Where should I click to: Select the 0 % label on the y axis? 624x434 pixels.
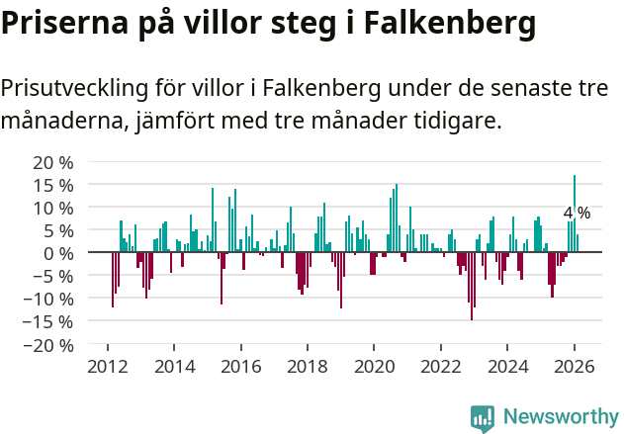pyautogui.click(x=58, y=253)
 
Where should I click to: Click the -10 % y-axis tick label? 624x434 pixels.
pyautogui.click(x=49, y=299)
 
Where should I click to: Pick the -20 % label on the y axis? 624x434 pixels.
pyautogui.click(x=49, y=345)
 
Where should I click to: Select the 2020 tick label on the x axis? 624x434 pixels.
pyautogui.click(x=374, y=367)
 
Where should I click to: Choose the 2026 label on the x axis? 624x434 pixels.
pyautogui.click(x=575, y=367)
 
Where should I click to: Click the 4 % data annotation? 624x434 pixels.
pyautogui.click(x=577, y=214)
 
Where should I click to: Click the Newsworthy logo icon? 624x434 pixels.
pyautogui.click(x=483, y=417)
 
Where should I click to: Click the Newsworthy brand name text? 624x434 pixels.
pyautogui.click(x=561, y=417)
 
